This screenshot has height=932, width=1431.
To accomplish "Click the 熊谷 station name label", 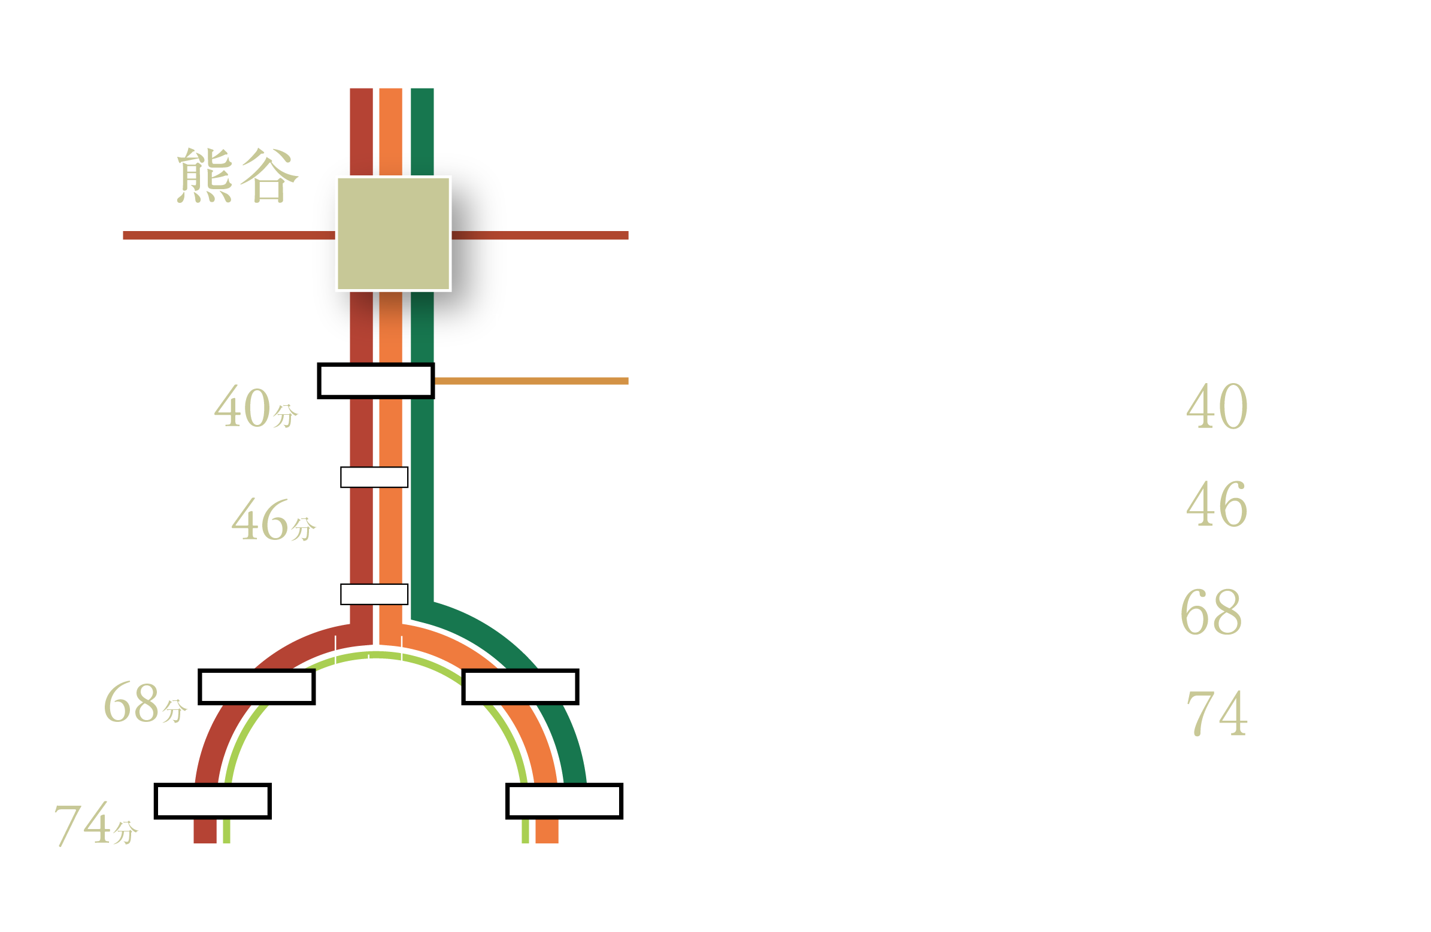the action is click(238, 175).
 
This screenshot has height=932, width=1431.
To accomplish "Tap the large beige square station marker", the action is click(393, 233).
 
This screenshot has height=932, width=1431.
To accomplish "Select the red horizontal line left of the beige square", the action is click(229, 235).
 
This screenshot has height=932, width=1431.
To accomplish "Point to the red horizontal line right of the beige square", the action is click(540, 235).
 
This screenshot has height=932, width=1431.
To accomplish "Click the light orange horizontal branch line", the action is click(532, 381).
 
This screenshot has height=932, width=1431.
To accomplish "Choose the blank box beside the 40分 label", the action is click(376, 381).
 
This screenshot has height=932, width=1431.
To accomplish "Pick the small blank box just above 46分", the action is click(374, 477).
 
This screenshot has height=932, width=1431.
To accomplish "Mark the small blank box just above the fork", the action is click(374, 594).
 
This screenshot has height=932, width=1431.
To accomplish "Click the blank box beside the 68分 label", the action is click(257, 687).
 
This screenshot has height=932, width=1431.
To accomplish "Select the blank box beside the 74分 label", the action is click(213, 801).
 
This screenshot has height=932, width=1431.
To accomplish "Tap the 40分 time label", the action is click(256, 406).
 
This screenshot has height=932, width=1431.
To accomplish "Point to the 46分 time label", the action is click(274, 520).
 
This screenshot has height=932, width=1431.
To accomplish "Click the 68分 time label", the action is click(145, 702).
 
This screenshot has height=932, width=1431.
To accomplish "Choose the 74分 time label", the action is click(96, 824).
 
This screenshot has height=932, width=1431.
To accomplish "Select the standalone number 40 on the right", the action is click(1217, 406).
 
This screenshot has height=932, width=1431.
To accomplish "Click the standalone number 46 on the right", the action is click(1217, 504).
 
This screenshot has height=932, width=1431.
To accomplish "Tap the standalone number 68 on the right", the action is click(1211, 612).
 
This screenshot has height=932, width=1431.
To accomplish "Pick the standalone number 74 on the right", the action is click(1217, 714).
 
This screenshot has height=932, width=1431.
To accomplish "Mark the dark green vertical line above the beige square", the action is click(422, 132).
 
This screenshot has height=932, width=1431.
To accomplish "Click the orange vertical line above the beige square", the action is click(391, 132).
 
